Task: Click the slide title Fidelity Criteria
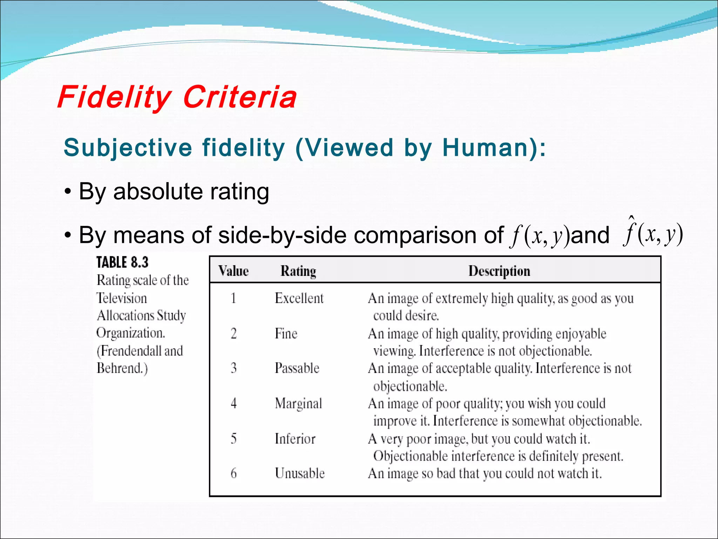point(177,97)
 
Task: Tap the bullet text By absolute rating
point(174,192)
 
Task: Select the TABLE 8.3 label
point(122,262)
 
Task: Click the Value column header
point(233,271)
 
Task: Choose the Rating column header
point(298,271)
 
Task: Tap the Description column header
point(499,271)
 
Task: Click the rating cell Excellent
point(299,298)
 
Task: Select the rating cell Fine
point(286,333)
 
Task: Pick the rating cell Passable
point(297,368)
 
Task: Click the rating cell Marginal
point(298,404)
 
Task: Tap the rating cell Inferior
point(295,439)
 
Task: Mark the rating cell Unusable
point(300,473)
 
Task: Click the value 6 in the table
point(233,473)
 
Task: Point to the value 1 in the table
point(233,298)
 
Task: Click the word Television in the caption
point(122,298)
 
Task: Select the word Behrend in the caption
point(119,368)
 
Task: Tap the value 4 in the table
point(233,404)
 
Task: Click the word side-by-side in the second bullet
point(283,235)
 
